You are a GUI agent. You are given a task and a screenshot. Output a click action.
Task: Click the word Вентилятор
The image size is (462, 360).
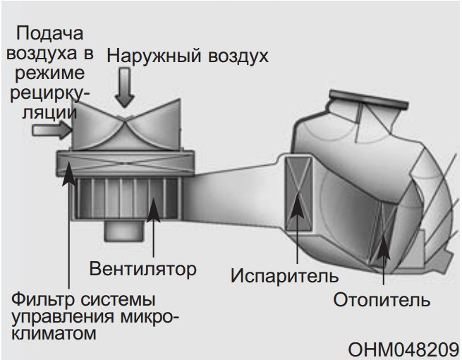point(142,268)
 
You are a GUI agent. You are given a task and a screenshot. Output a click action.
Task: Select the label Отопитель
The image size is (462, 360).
point(382,300)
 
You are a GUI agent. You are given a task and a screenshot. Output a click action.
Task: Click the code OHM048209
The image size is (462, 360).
point(403,349)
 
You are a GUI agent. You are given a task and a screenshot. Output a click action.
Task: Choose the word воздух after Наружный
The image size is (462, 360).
point(236,55)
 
